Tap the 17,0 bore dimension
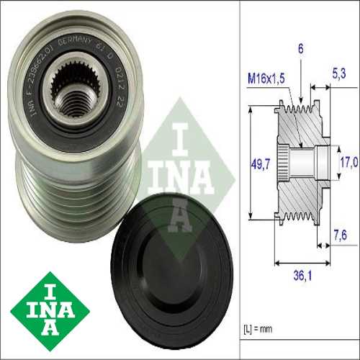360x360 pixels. point(348,163)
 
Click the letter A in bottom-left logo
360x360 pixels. point(52,328)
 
